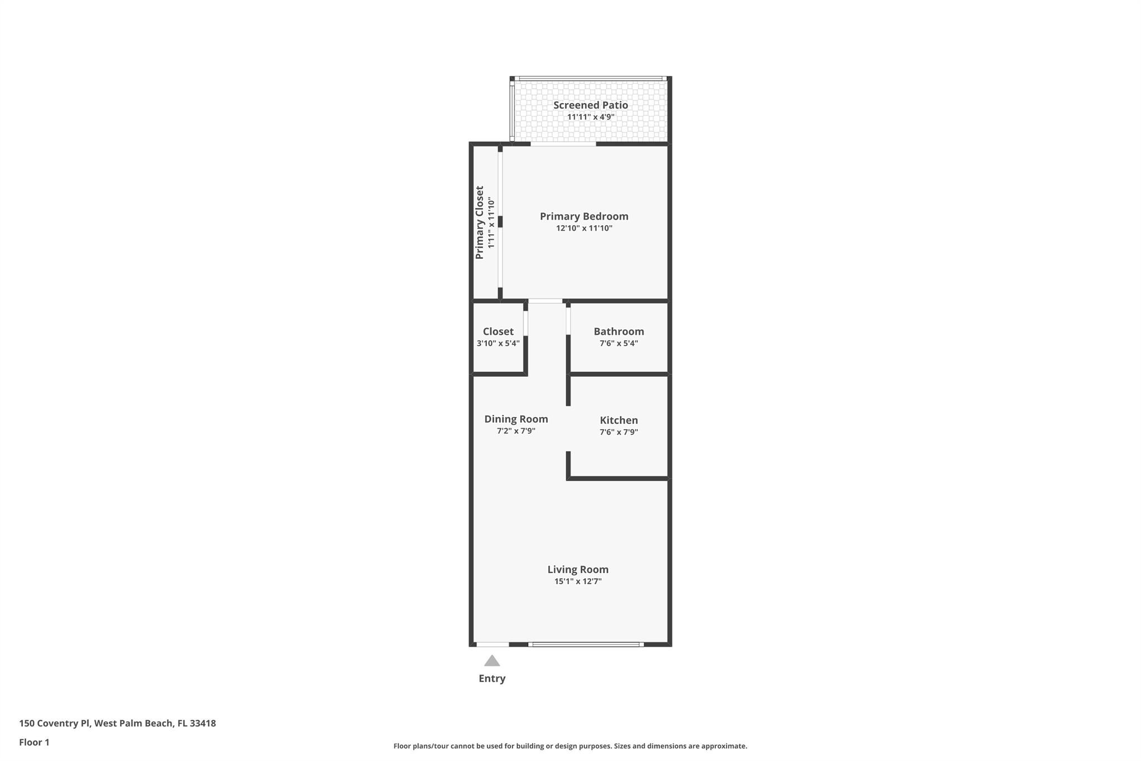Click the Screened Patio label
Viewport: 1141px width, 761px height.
click(590, 105)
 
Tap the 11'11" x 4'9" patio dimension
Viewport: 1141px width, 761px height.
click(591, 117)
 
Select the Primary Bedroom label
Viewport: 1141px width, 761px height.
click(584, 216)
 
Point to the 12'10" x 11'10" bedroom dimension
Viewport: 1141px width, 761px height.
click(584, 228)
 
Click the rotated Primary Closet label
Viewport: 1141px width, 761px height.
click(479, 222)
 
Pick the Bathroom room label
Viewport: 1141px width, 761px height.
click(618, 331)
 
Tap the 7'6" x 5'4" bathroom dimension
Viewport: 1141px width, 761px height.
click(618, 343)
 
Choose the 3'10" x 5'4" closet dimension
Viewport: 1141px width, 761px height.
click(498, 343)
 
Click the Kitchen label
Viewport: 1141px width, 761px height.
click(618, 420)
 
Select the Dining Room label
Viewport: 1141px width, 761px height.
click(516, 419)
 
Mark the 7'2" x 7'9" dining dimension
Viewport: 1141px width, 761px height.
click(516, 431)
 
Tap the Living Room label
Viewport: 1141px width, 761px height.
click(578, 569)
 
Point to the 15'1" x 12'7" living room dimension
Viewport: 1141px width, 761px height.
click(578, 581)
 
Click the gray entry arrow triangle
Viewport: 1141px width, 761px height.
click(491, 661)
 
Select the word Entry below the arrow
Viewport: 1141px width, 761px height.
click(492, 678)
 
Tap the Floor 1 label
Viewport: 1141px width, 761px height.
click(34, 742)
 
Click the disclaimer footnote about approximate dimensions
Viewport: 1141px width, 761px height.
click(570, 746)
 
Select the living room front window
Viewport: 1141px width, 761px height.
click(586, 644)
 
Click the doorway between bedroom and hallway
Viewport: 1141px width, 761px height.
click(545, 301)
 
